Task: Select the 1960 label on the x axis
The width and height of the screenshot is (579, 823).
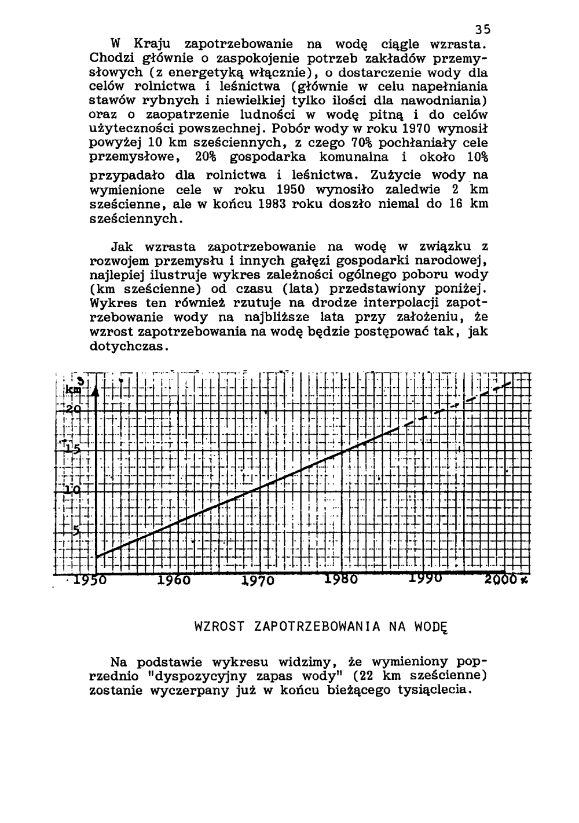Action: [174, 580]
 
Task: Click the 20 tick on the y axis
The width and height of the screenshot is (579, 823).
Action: [73, 410]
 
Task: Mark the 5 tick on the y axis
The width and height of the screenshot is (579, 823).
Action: [76, 529]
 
